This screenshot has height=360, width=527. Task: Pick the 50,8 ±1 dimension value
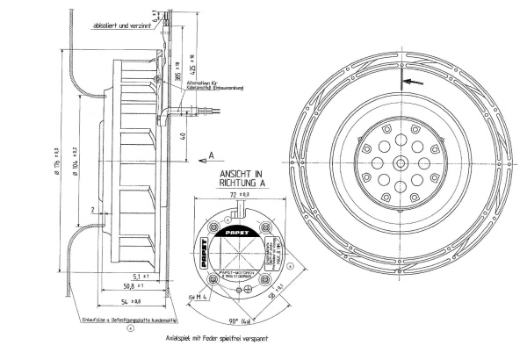112,286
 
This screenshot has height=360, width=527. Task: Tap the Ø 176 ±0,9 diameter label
55,163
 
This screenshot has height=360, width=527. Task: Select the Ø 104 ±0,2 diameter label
78,162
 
